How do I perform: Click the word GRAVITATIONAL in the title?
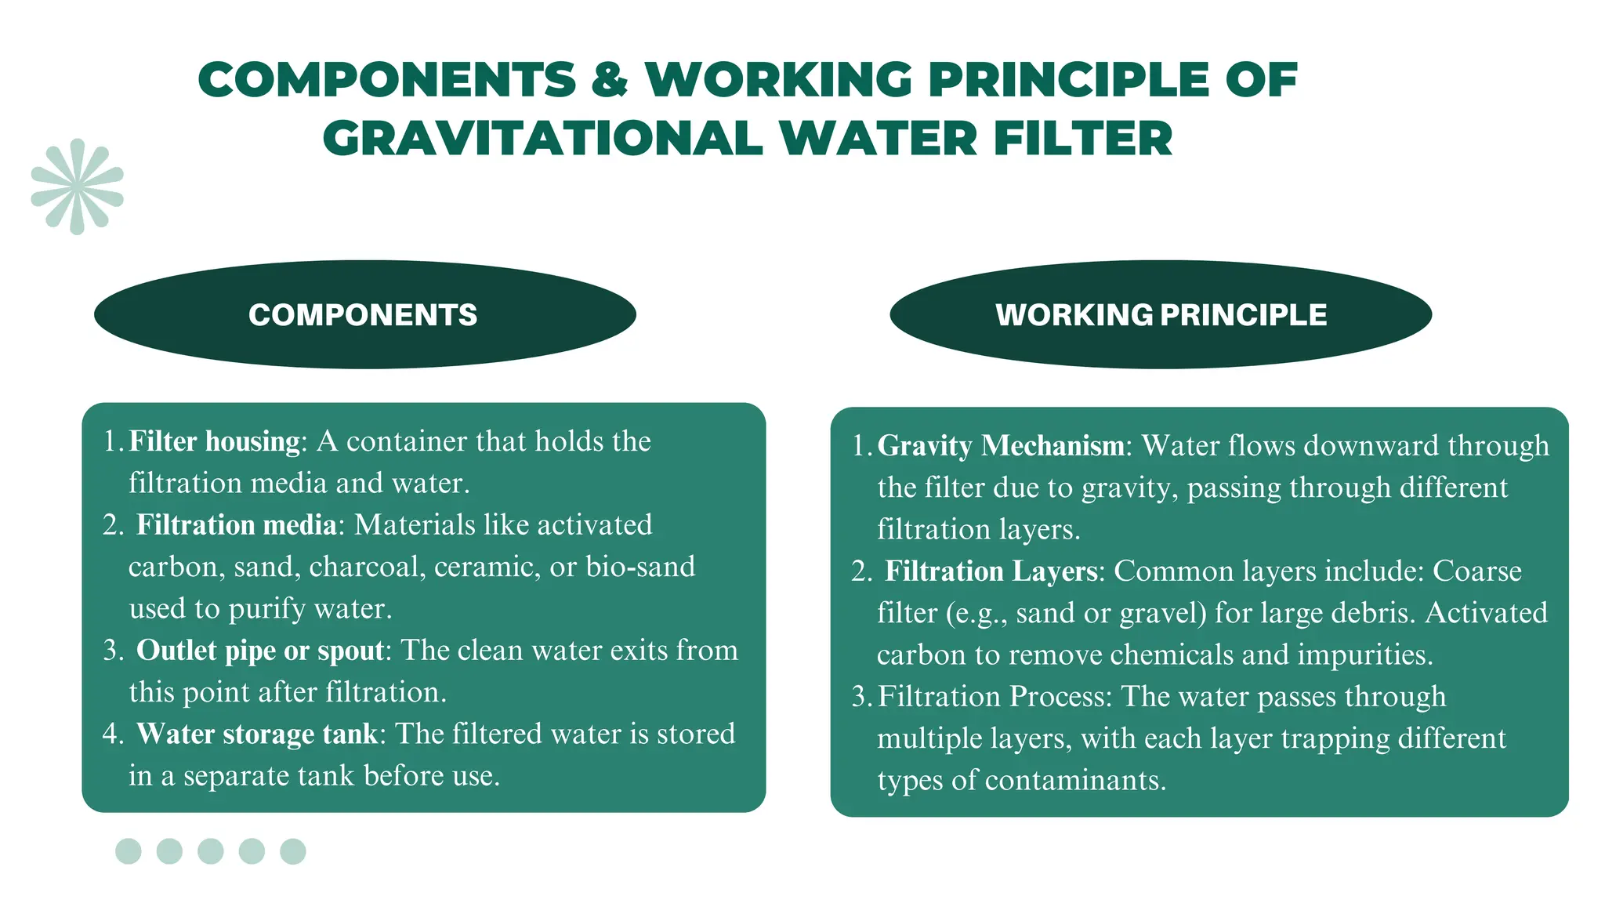click(x=542, y=139)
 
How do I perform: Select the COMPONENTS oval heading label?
click(x=363, y=315)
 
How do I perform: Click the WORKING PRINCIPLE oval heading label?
click(x=1161, y=315)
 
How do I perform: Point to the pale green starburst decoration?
click(x=77, y=187)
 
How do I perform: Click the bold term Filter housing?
click(x=214, y=441)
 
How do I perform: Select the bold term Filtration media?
click(x=236, y=524)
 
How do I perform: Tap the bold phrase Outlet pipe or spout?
click(x=260, y=650)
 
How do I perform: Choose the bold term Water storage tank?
click(x=257, y=734)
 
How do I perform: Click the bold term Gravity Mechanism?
click(x=1001, y=445)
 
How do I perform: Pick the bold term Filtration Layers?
click(x=991, y=571)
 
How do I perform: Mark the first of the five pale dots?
click(x=129, y=851)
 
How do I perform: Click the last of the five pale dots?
click(x=293, y=851)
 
